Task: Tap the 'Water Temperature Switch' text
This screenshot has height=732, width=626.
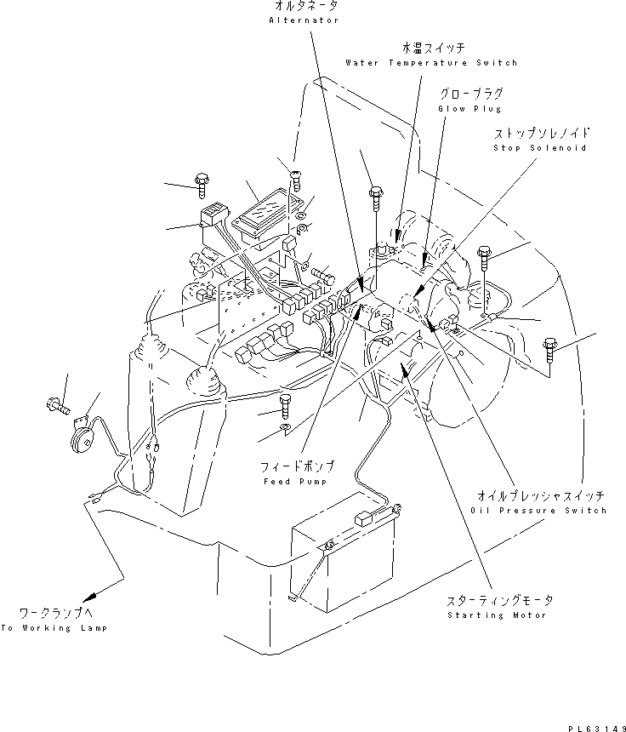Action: [x=431, y=62]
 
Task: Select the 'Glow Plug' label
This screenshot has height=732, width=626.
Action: [x=469, y=109]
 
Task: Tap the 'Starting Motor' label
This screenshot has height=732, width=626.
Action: [x=498, y=615]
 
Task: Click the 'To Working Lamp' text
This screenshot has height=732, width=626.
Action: [x=54, y=627]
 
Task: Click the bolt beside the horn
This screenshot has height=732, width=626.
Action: [x=56, y=404]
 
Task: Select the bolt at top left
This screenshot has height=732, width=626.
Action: [x=202, y=181]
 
